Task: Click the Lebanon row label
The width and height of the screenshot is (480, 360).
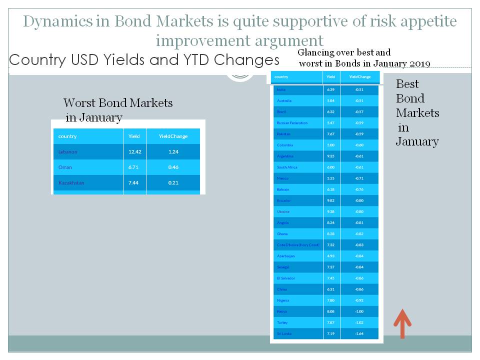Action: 68,151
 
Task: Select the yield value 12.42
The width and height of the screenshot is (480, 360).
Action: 135,151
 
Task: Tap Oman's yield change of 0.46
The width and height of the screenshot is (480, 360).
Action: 173,167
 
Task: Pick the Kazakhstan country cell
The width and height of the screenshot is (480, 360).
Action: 71,182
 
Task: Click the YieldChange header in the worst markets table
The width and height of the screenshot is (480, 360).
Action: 173,136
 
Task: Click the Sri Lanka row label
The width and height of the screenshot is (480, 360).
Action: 284,333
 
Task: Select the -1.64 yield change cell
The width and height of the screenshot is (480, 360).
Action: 359,333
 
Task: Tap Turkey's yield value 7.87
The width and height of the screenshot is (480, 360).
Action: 330,322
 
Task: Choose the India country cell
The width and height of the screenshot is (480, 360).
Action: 281,89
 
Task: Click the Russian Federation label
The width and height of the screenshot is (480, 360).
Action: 292,123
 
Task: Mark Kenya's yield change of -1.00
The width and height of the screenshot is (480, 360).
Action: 359,311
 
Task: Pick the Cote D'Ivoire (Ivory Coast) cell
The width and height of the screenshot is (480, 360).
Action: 298,245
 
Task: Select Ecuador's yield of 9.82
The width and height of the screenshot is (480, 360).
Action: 330,200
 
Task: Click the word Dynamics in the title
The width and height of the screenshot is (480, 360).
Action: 57,22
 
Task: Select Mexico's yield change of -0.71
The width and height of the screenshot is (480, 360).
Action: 359,178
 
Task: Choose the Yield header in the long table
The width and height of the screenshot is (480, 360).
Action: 330,77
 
